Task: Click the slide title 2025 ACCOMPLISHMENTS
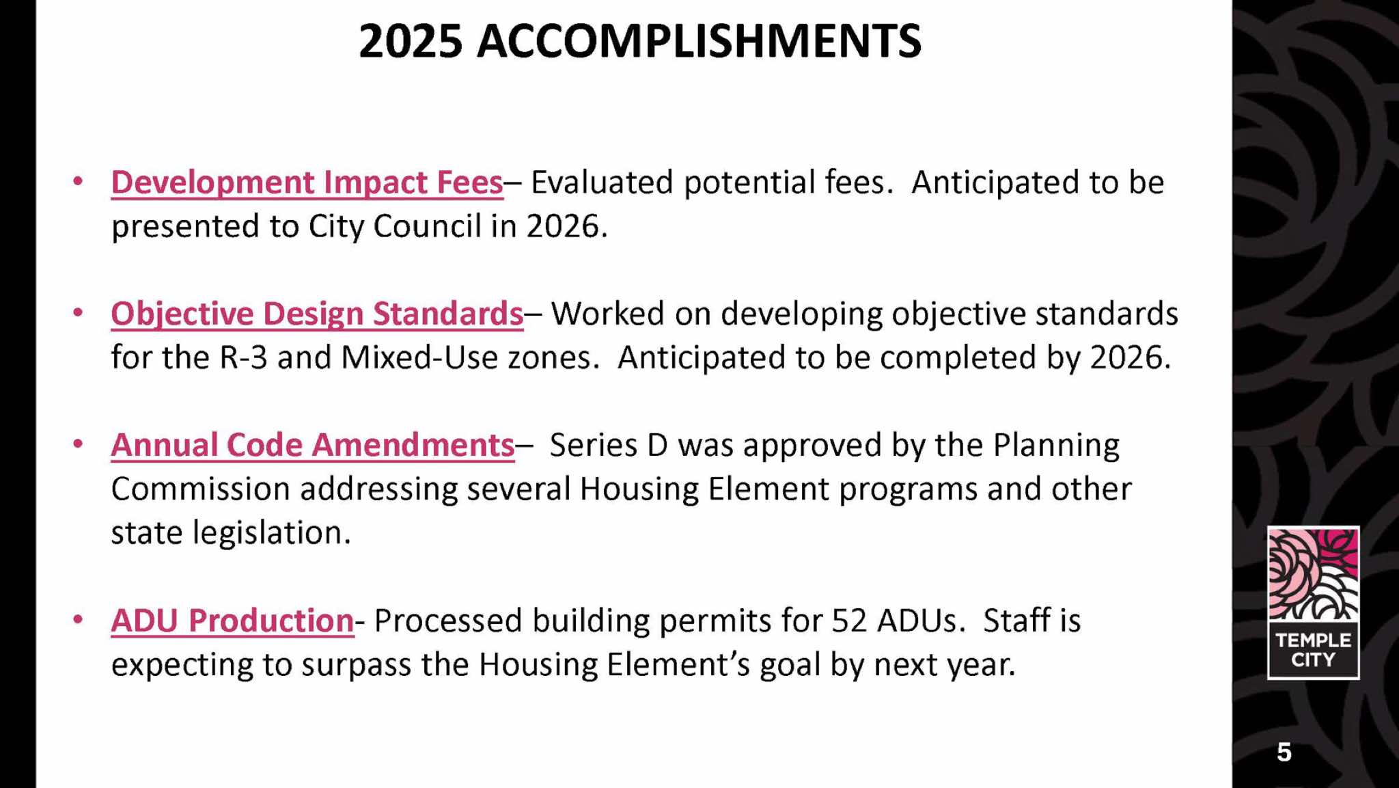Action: pyautogui.click(x=640, y=42)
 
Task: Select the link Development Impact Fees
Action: pyautogui.click(x=307, y=182)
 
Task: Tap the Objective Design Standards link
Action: pyautogui.click(x=318, y=314)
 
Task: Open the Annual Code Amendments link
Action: pyautogui.click(x=313, y=445)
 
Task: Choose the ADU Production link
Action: pyautogui.click(x=233, y=621)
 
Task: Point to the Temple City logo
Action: pyautogui.click(x=1313, y=602)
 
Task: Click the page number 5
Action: pyautogui.click(x=1284, y=752)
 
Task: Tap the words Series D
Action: pyautogui.click(x=609, y=445)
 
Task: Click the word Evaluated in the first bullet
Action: pyautogui.click(x=602, y=182)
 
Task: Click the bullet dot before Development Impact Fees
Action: pyautogui.click(x=78, y=182)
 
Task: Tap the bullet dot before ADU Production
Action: pyautogui.click(x=78, y=620)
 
